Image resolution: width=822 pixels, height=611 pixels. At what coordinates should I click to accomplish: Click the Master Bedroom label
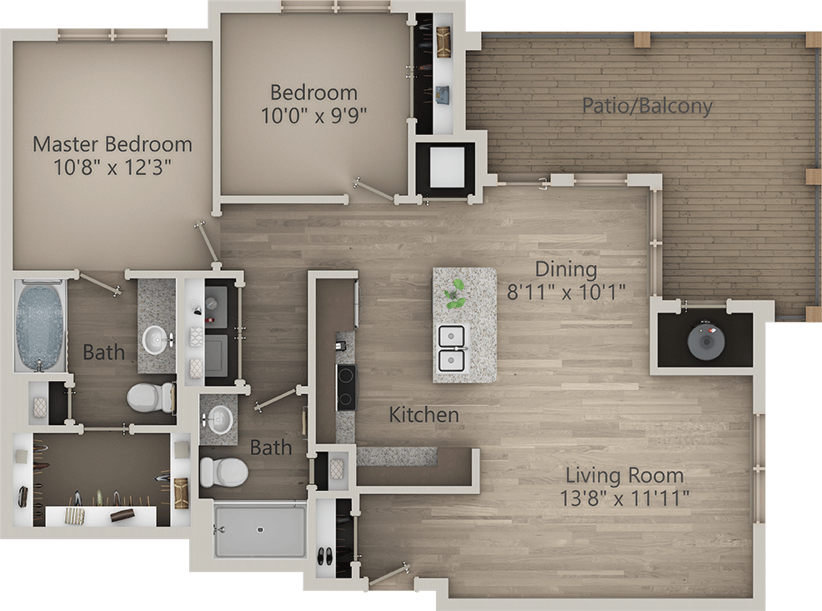[113, 144]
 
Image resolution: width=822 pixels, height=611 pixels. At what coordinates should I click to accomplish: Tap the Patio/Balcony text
[648, 106]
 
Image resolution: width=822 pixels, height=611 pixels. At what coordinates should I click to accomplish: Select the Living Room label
[624, 475]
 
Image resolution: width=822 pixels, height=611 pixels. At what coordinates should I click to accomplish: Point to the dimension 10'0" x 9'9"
[313, 115]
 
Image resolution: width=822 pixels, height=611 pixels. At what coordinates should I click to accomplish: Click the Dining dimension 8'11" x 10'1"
[566, 292]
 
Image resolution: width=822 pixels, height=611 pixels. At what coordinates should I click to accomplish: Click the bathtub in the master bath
[40, 325]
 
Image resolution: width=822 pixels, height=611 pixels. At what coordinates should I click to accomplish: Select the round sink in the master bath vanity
[156, 339]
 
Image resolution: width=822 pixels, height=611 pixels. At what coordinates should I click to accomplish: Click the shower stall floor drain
[260, 530]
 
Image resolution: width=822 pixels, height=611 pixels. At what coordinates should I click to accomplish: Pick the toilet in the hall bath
[224, 472]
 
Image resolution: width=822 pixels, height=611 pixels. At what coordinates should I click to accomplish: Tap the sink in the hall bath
[218, 419]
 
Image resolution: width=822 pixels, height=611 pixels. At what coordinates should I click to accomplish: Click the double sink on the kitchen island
[452, 347]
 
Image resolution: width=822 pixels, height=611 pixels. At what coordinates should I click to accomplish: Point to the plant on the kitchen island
[455, 293]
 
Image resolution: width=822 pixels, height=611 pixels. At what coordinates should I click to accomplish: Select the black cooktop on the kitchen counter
[346, 388]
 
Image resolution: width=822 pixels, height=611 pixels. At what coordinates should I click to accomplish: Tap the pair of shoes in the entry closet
[326, 555]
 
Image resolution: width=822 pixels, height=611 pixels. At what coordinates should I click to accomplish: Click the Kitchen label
[424, 415]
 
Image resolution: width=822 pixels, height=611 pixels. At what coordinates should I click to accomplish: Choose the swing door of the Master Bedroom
[207, 243]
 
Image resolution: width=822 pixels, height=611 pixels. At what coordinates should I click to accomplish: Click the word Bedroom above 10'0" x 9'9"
[313, 93]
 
